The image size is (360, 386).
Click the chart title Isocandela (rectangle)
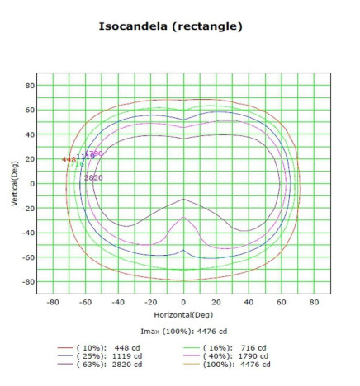coord(171,26)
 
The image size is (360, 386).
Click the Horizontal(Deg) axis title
coord(183,316)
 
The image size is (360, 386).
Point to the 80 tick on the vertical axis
coord(30,85)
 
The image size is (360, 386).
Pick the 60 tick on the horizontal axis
coord(282,303)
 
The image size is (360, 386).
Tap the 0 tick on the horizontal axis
coord(183,303)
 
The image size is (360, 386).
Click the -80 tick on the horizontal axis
coord(52,303)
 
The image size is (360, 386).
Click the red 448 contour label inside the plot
coord(68,160)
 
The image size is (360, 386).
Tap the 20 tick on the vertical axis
coord(30,158)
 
